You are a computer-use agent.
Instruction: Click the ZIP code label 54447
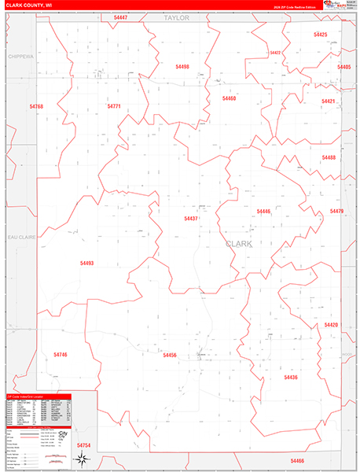point(120,17)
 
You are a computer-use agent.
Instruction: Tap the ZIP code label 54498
point(182,67)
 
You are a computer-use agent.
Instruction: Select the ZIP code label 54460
point(229,98)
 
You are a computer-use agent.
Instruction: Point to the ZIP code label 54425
point(320,35)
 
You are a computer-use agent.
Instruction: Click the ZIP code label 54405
point(343,67)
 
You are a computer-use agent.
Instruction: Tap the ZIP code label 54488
point(329,157)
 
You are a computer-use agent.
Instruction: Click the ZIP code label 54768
point(36,106)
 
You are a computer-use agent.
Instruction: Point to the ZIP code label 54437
point(191,218)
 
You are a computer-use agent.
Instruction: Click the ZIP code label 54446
point(263,211)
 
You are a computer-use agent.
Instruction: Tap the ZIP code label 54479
point(336,211)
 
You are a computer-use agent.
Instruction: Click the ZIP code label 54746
point(60,355)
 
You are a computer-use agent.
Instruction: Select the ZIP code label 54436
point(290,378)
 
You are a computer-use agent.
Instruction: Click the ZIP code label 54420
point(331,325)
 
